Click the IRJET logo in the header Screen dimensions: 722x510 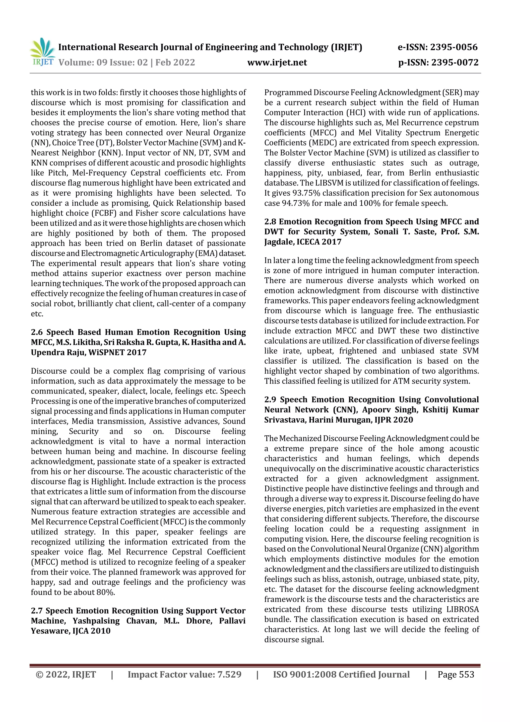42,52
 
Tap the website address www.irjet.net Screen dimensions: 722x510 277,62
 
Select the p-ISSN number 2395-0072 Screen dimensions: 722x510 455,62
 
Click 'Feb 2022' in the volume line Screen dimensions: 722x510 175,62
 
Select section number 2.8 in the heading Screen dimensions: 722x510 270,222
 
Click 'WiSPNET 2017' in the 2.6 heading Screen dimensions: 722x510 117,352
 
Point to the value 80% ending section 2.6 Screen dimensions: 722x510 106,592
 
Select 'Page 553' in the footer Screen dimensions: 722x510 456,674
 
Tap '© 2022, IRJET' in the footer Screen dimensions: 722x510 66,674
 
